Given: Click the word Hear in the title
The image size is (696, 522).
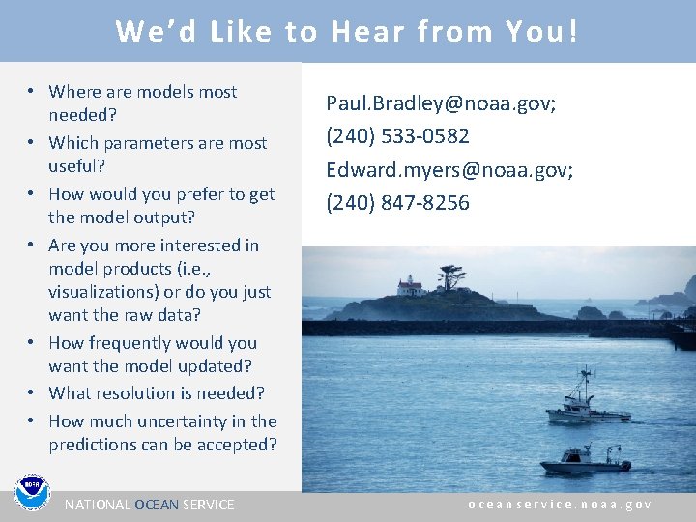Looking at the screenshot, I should point(367,32).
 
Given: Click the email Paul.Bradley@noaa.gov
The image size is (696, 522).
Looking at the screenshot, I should point(440,103).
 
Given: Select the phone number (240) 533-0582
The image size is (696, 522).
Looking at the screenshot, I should point(397,136).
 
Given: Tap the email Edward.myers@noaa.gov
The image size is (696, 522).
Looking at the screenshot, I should point(449,170).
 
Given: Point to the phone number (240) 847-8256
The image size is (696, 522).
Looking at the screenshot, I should point(397,203).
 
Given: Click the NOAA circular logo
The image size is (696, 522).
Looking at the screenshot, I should point(31,492).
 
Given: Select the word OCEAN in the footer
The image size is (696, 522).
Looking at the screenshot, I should point(156,505).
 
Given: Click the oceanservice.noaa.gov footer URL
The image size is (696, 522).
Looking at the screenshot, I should point(560,505).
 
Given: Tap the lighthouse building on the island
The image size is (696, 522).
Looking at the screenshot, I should point(411,285).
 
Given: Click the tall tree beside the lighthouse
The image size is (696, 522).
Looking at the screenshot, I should point(449,277).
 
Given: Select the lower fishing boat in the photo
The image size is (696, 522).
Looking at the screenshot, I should point(584,458).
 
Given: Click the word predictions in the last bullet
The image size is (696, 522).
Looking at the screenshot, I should point(96,445).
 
